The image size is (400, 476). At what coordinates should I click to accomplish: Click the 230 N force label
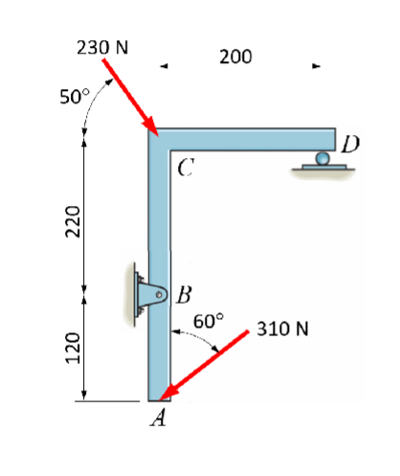[104, 46]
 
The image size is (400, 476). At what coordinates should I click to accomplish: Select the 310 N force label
[282, 329]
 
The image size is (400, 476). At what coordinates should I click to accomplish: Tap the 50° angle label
[72, 97]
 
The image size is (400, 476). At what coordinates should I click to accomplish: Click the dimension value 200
[235, 57]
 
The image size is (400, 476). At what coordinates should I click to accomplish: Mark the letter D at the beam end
[350, 144]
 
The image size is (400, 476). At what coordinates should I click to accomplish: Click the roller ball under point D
[323, 157]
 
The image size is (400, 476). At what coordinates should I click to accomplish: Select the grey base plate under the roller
[323, 169]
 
